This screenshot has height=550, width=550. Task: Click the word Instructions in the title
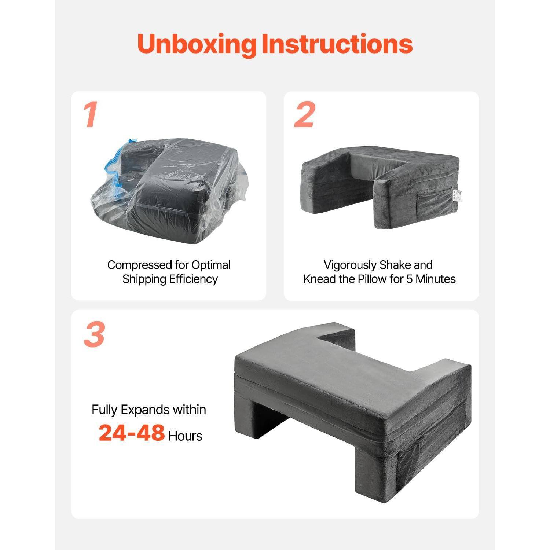point(337,44)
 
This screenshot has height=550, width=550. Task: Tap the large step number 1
point(91,115)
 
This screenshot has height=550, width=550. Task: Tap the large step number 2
point(304,115)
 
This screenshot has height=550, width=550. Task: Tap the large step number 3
point(94,335)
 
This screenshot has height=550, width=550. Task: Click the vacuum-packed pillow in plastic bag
point(169,191)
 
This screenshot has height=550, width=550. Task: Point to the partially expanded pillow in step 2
point(379,183)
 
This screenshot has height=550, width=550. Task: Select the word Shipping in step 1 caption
point(144,279)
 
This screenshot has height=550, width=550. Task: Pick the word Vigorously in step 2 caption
point(350,265)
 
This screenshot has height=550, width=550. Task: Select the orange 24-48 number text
point(132,433)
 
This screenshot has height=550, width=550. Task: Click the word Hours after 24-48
point(185,436)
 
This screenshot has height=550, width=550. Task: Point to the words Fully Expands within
point(148,410)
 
